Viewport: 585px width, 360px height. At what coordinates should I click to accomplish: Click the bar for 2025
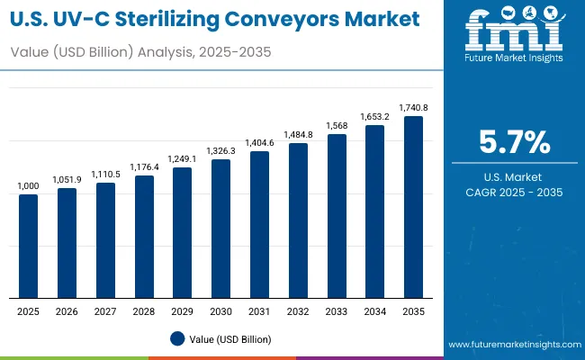tap(29, 246)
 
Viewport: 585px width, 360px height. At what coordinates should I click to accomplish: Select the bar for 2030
tap(220, 229)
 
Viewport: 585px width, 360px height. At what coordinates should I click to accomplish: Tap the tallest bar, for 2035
tap(413, 207)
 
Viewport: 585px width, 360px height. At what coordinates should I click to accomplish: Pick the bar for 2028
tap(144, 236)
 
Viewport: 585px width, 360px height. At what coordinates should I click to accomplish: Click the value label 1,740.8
tap(413, 107)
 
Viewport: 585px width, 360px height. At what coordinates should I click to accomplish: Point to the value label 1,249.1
tap(183, 158)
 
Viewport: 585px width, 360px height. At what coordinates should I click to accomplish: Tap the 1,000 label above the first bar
tap(29, 185)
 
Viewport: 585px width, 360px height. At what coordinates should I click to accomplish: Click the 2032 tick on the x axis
tap(298, 310)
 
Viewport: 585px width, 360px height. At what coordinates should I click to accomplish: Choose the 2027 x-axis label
tap(105, 310)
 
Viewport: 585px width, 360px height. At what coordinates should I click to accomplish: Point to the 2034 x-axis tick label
tap(374, 310)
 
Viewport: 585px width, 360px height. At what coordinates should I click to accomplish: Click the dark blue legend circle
tap(177, 338)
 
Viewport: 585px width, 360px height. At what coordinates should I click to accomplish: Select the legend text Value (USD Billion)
tap(229, 339)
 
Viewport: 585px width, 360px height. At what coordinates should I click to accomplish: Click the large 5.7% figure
tap(513, 143)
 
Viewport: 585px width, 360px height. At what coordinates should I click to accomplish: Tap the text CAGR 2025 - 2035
tap(513, 193)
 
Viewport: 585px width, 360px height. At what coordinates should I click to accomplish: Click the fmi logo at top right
tap(513, 34)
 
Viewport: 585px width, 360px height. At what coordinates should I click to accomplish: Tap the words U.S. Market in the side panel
tap(513, 175)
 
